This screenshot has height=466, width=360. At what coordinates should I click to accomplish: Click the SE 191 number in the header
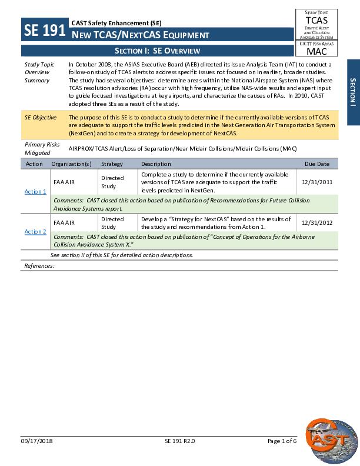point(44,30)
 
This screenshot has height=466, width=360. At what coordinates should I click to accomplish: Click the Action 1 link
point(35,192)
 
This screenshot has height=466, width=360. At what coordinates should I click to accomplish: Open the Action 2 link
point(35,232)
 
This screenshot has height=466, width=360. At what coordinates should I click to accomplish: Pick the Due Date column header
point(316,164)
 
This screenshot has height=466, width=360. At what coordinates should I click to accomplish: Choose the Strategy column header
point(112,164)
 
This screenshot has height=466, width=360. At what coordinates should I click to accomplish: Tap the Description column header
point(156,164)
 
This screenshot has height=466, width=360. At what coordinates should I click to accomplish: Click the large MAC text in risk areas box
point(316,51)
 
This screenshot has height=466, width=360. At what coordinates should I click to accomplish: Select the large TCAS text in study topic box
point(316,20)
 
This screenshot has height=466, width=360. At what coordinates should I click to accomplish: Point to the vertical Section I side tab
point(353,92)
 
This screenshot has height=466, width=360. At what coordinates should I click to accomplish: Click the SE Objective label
point(41,118)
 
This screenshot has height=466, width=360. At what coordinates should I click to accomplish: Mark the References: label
point(39,266)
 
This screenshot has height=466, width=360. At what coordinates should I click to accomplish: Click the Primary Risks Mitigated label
point(39,148)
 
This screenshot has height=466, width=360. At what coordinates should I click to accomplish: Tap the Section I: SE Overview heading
point(157,51)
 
